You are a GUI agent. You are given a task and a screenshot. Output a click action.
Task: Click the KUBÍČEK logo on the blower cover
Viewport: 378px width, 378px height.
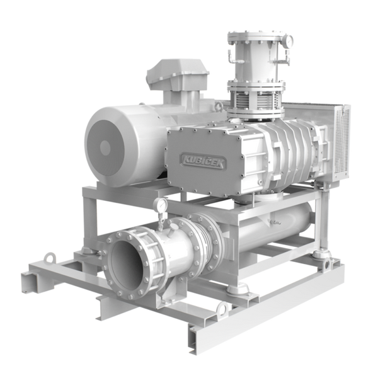203,161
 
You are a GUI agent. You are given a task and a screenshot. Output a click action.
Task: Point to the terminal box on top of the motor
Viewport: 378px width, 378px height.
178,76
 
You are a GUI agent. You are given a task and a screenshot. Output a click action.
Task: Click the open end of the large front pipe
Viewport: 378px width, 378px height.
127,265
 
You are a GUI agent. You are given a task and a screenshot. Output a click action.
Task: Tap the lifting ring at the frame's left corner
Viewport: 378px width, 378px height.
50,258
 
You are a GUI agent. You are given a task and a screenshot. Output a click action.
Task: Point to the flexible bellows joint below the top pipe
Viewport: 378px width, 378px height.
256,100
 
